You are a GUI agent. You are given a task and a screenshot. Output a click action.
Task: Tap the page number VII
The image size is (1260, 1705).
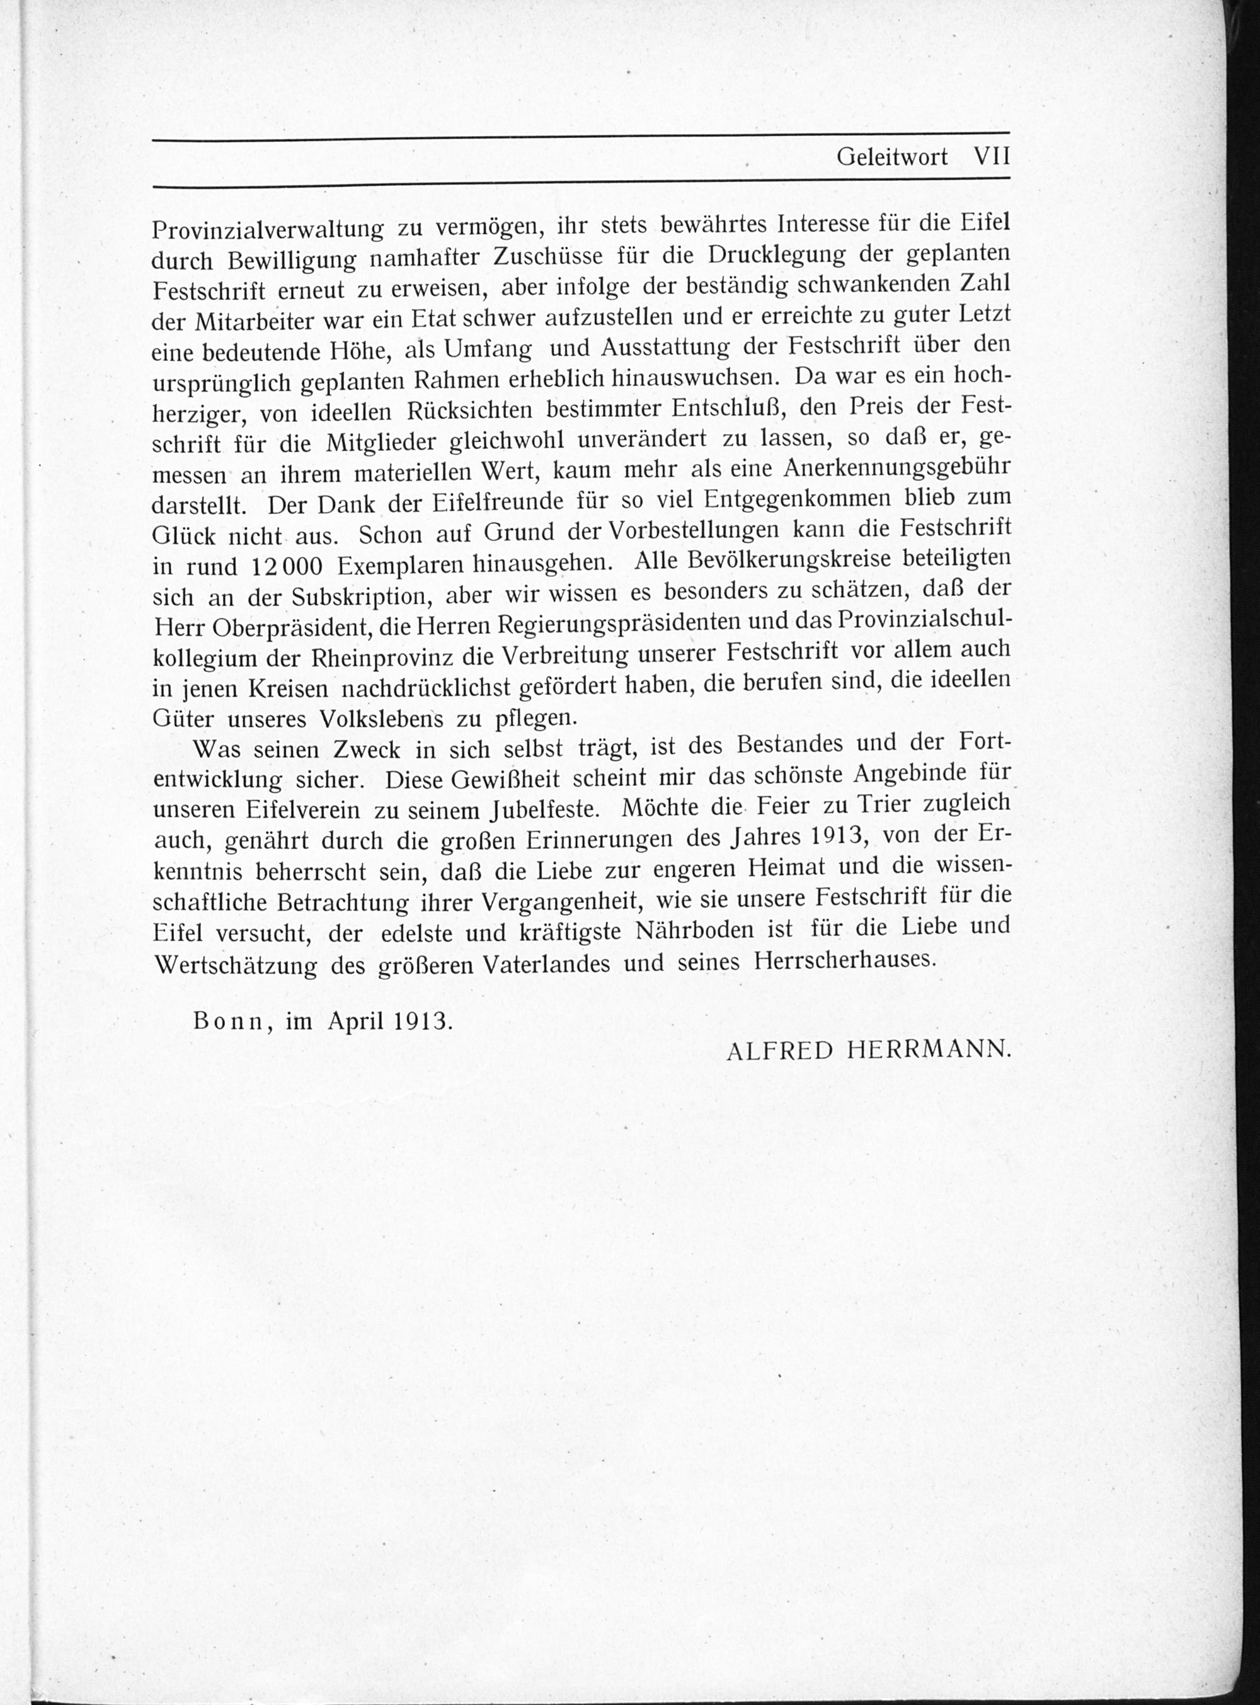[x=992, y=156]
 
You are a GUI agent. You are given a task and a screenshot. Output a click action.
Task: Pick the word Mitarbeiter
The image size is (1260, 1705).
[x=249, y=322]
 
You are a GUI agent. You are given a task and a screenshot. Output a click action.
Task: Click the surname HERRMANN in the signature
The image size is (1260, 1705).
[x=929, y=1051]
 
